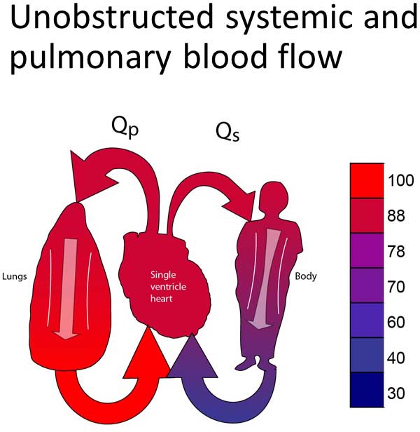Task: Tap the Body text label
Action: click(306, 276)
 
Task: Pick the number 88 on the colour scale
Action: click(397, 217)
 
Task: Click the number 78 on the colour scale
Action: click(397, 252)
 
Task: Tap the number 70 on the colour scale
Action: click(397, 287)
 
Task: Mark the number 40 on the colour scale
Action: click(397, 357)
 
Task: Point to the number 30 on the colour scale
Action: click(397, 393)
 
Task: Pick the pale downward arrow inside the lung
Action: click(68, 288)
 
